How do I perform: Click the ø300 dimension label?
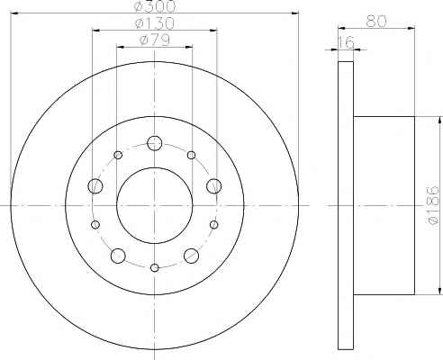click(x=155, y=6)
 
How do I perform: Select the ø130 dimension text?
click(x=155, y=22)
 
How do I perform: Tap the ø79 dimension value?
click(x=155, y=40)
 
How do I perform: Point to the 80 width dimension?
click(x=376, y=21)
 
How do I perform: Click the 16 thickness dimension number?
click(x=347, y=42)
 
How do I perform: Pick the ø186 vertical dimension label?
click(x=433, y=204)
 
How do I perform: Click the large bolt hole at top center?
click(x=155, y=143)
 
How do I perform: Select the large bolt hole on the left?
click(x=95, y=186)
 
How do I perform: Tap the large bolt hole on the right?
click(x=214, y=186)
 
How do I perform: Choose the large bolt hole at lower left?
click(x=118, y=256)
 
